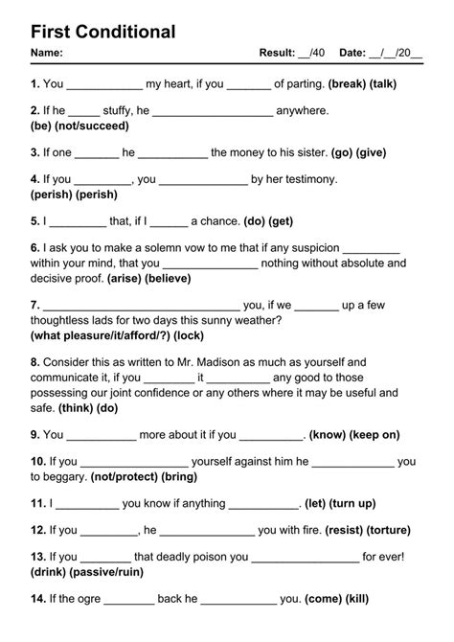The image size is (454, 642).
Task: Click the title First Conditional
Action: click(x=102, y=32)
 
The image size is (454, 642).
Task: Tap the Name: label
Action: click(x=47, y=53)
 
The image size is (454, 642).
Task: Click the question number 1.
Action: click(x=34, y=83)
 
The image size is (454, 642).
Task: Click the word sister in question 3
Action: click(x=306, y=151)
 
